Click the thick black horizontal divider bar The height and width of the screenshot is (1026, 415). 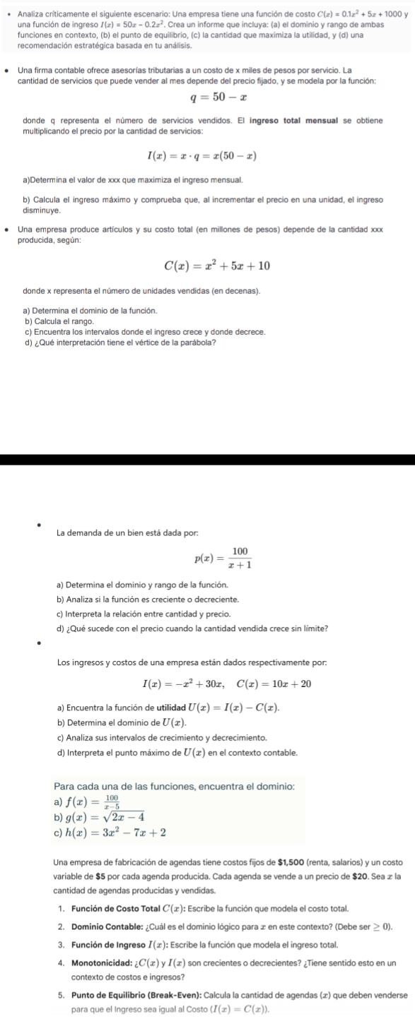[207, 459]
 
